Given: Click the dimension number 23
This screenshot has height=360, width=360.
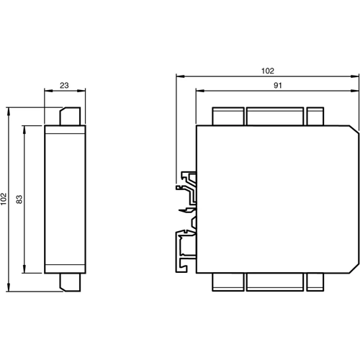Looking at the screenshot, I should tap(63, 85).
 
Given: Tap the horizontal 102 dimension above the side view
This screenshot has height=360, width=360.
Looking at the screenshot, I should tap(268, 71).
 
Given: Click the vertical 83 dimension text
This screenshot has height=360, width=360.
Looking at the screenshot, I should tap(19, 199).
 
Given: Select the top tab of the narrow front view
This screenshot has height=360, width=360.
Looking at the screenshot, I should tap(69, 116).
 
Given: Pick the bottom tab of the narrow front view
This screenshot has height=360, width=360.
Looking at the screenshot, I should tap(69, 282).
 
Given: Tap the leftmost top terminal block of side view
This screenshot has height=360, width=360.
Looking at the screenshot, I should tap(227, 116).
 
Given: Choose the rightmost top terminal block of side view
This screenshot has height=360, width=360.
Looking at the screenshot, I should tap(316, 116).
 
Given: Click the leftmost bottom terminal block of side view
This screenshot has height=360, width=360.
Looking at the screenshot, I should tap(227, 282).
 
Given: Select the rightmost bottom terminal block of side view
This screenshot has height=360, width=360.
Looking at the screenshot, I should tap(316, 282).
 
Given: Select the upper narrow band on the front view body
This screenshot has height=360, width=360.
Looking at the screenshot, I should tap(66, 130).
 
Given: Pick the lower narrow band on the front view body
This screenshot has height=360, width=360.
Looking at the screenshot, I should tap(66, 269).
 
